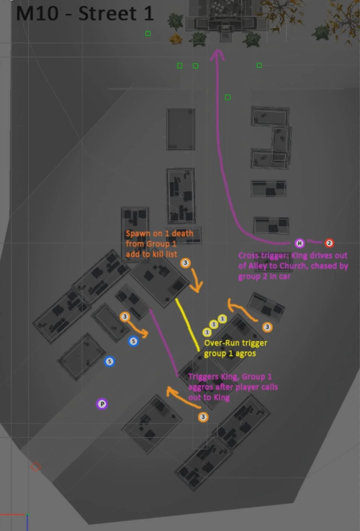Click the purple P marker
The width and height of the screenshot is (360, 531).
102,404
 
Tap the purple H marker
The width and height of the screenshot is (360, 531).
300,243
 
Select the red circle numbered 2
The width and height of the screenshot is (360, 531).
329,243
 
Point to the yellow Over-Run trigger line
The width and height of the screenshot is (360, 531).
187,324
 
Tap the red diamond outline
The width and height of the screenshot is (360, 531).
36,467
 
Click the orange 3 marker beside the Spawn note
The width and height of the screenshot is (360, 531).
185,263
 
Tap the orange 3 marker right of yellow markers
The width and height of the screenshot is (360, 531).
267,327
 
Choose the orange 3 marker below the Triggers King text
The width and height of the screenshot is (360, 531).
203,417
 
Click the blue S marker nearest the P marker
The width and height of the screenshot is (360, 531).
110,362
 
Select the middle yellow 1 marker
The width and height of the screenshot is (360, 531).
214,324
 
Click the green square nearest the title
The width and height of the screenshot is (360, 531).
148,34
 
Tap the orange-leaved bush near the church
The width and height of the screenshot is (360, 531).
176,38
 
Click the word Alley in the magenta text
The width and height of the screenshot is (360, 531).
257,266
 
